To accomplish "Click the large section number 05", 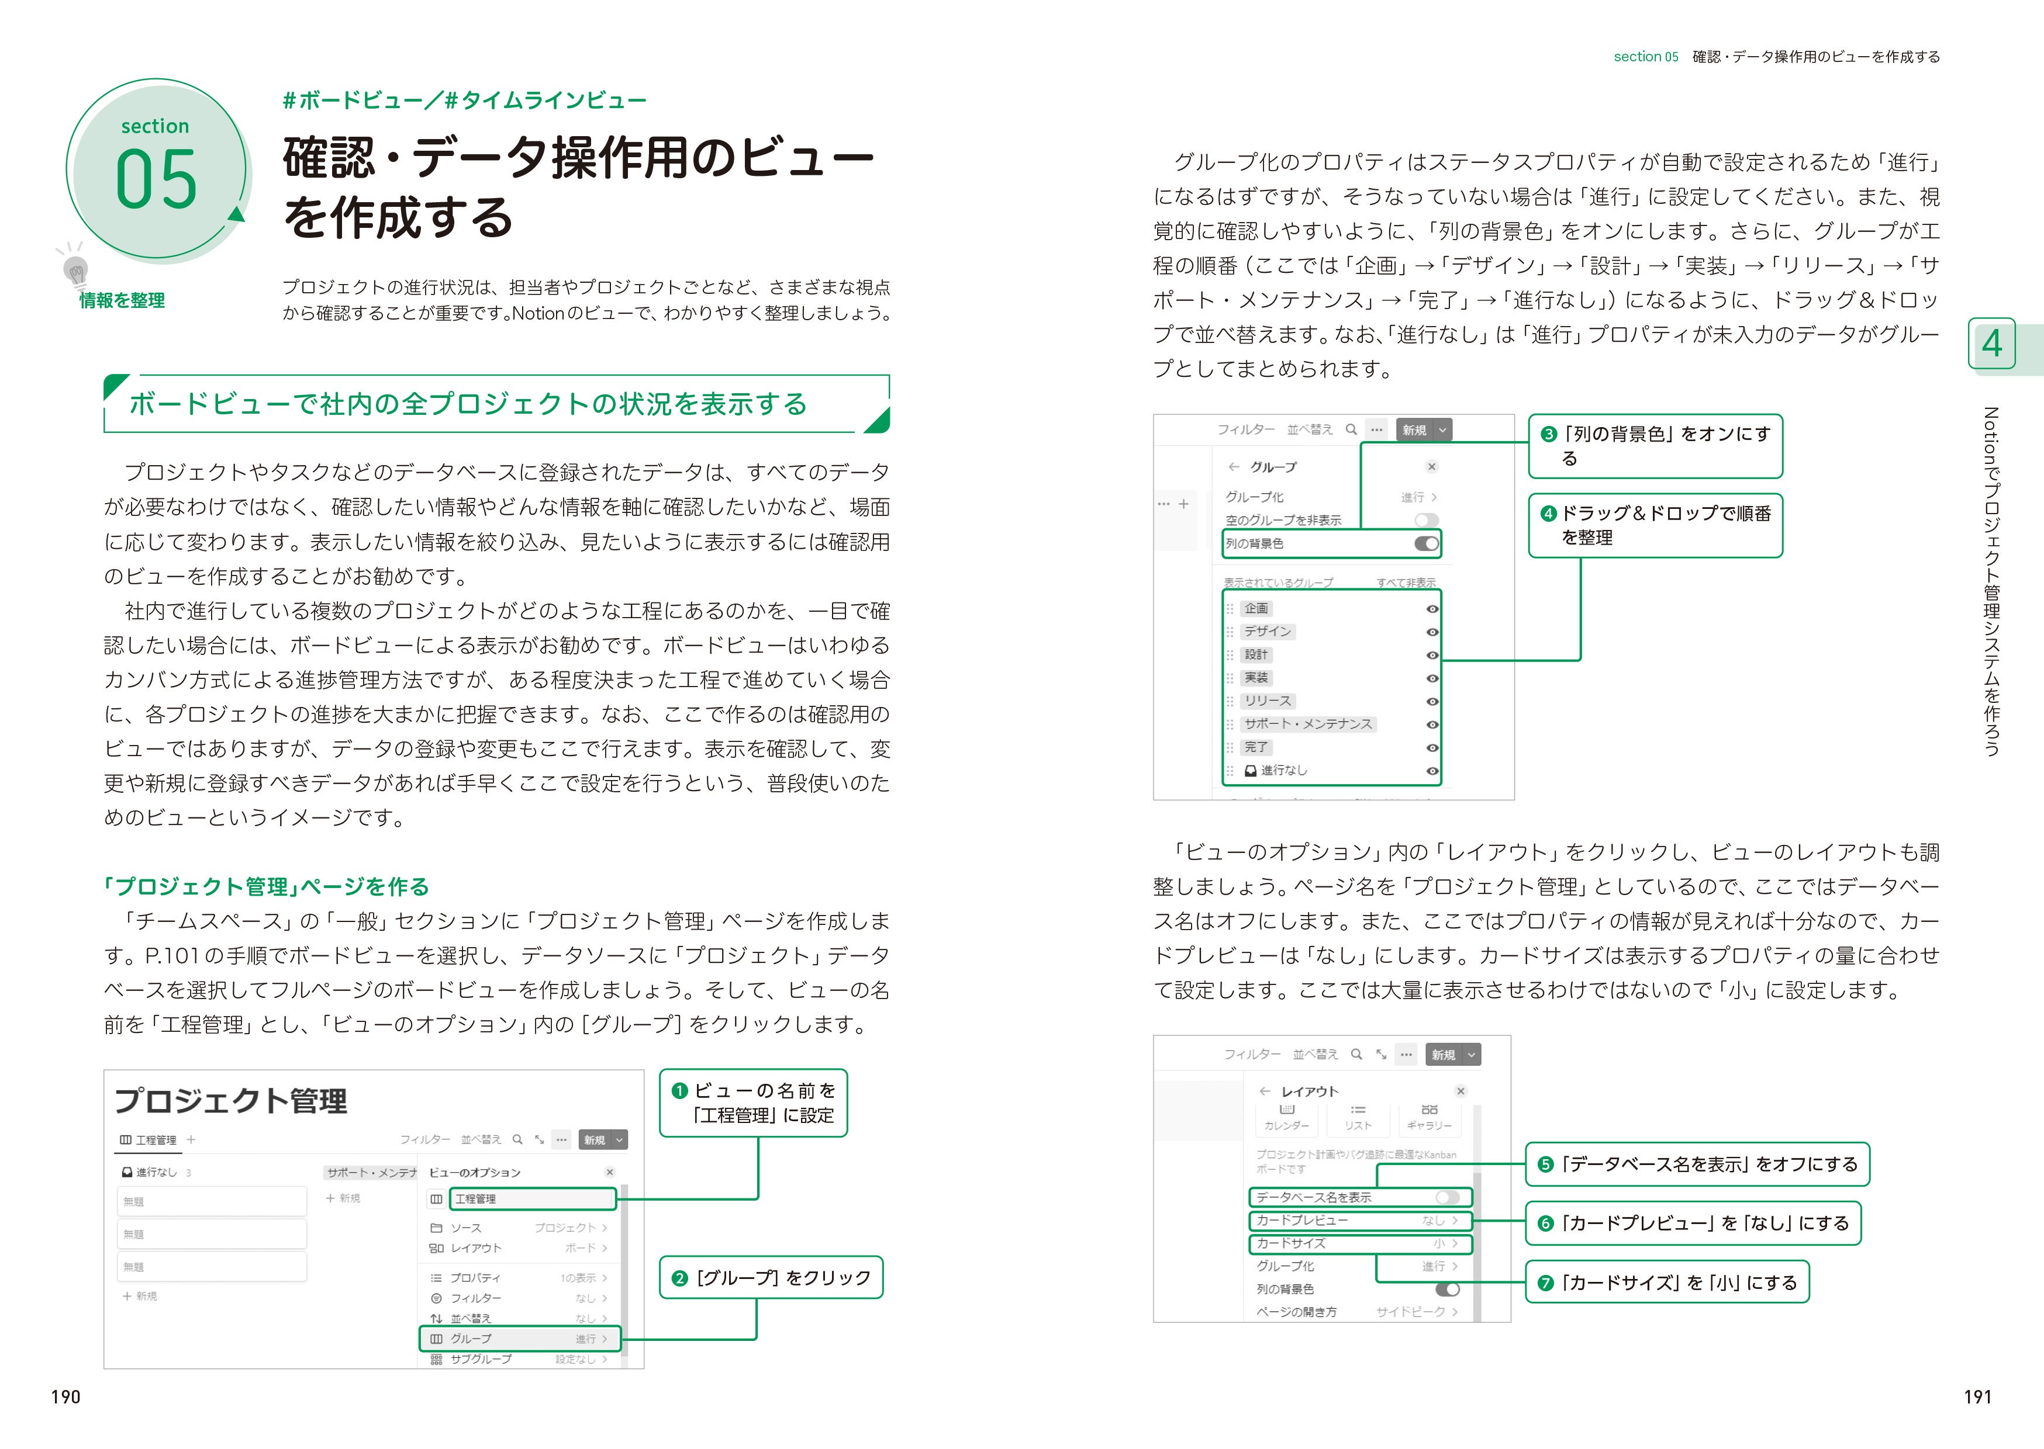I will click(156, 179).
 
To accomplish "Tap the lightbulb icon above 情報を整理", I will click(76, 269).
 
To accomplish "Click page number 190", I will click(65, 1396).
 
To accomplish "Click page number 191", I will click(1977, 1396).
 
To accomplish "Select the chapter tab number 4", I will click(1991, 344).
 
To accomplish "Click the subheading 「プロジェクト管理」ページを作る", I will click(266, 886).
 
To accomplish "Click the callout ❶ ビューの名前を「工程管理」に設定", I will click(753, 1103).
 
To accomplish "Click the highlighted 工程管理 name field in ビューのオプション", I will click(532, 1198).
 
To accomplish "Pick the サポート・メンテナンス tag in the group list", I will click(1308, 723).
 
